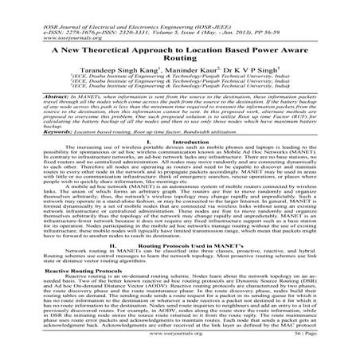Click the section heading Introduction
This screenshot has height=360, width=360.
coord(189,162)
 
